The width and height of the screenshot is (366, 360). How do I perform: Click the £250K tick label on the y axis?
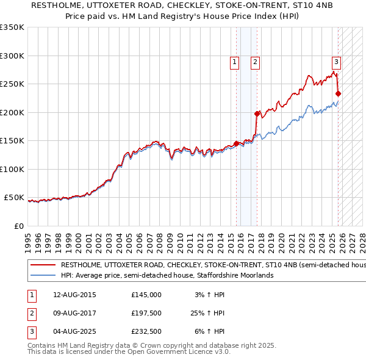coord(12,84)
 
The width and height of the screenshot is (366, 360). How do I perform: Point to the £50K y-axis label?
coord(14,198)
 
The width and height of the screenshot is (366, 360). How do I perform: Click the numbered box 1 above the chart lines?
coord(234,62)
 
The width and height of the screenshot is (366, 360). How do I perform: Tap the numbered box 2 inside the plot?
coord(254,62)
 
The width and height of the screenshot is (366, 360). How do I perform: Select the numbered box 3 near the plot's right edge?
coord(335,62)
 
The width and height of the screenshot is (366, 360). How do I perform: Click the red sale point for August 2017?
coord(257,113)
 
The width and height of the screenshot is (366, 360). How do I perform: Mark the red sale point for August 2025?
coord(338,94)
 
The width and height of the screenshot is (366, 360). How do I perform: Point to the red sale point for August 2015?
coord(237,144)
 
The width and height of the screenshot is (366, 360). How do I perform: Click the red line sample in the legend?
coord(43,265)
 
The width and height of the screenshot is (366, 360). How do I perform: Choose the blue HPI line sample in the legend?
coord(43,276)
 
